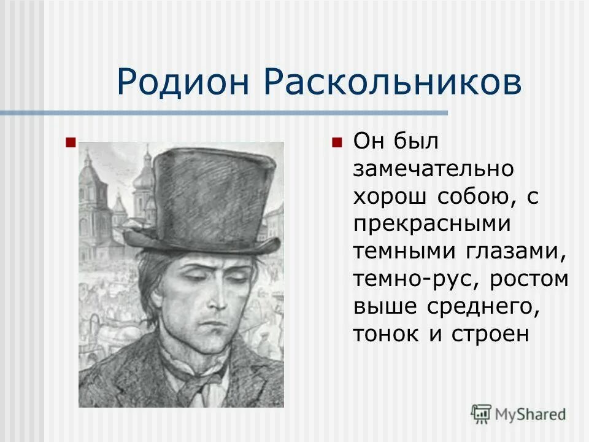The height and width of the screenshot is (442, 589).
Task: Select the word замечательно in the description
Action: [434, 169]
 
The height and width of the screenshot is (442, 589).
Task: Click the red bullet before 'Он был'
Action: [336, 142]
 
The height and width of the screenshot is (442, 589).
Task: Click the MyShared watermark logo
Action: [518, 413]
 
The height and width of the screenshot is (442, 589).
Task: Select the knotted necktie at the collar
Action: [195, 381]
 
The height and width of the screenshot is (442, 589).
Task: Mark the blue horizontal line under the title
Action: [224, 113]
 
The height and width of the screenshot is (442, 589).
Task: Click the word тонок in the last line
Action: [382, 335]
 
